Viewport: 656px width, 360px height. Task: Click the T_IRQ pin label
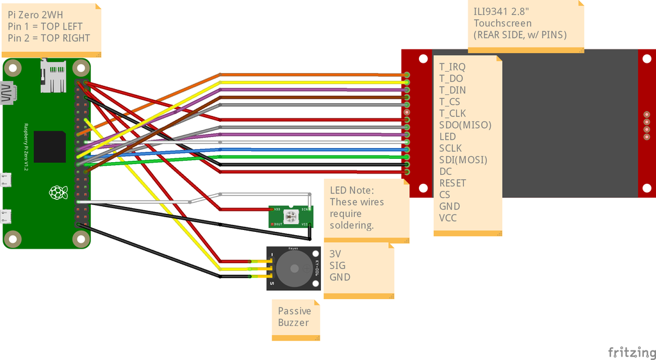452,67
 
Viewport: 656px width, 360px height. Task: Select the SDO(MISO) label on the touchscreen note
465,125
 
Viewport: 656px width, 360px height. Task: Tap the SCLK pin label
450,148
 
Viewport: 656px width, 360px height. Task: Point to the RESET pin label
453,183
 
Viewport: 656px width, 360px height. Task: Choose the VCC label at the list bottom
448,218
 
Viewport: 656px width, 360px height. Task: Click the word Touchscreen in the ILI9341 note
503,23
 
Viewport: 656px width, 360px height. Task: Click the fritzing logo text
631,352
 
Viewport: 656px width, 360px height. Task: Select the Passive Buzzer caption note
294,316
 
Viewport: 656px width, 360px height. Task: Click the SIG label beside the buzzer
337,265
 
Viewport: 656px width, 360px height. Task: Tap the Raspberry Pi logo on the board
58,192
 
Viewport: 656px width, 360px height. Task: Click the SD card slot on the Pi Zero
53,76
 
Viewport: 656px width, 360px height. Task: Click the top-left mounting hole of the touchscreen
423,59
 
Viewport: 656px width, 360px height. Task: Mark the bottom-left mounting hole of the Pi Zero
12,239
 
